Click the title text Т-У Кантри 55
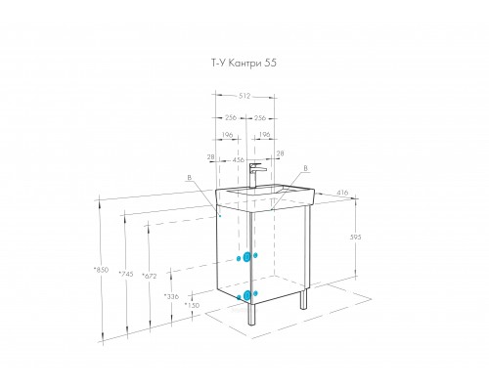point(244,63)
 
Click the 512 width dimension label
point(244,96)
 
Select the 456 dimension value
point(238,160)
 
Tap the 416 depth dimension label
point(342,193)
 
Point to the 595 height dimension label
point(355,238)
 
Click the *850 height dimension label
point(101,270)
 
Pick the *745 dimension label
point(126,274)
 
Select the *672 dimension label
point(150,276)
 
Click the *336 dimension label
point(171,296)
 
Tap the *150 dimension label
point(192,305)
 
